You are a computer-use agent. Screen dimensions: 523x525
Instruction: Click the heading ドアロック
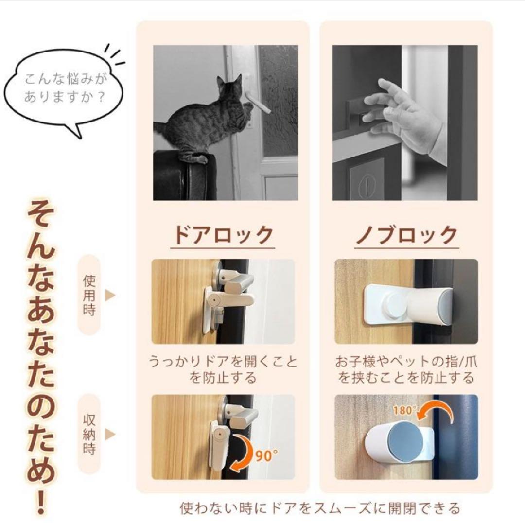(x=224, y=235)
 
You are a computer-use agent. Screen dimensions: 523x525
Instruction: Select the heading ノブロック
(x=406, y=235)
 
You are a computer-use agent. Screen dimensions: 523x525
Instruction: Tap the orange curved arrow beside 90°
(x=243, y=454)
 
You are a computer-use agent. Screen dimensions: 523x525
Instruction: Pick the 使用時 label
(x=89, y=295)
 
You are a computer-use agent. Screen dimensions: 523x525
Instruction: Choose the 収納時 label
(x=89, y=434)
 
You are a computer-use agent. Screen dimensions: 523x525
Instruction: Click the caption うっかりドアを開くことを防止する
(x=223, y=369)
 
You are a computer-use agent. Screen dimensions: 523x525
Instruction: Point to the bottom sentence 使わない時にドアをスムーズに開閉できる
(x=319, y=508)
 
